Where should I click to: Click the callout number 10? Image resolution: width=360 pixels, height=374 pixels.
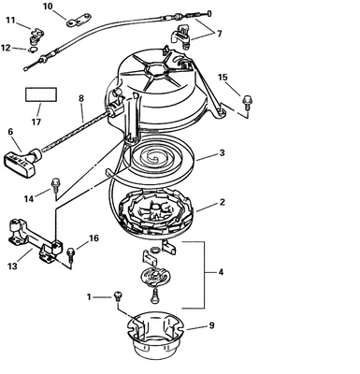48,7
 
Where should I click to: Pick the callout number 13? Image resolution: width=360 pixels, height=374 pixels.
12,266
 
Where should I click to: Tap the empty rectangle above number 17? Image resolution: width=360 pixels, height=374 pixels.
39,95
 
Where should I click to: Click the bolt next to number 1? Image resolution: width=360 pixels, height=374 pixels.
116,297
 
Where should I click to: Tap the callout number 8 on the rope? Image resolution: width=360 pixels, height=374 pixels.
81,97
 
